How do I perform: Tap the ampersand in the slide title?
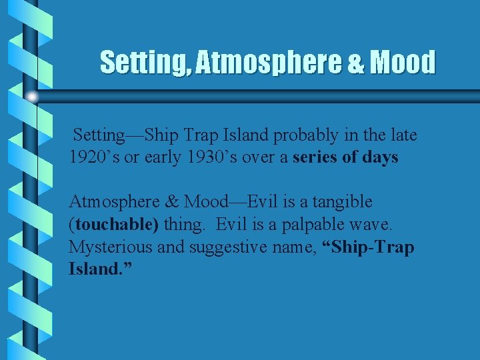pyautogui.click(x=355, y=63)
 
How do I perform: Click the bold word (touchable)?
pyautogui.click(x=114, y=224)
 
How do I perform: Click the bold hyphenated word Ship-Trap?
pyautogui.click(x=368, y=247)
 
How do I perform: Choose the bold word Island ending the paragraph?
pyautogui.click(x=93, y=270)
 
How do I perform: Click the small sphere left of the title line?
pyautogui.click(x=32, y=97)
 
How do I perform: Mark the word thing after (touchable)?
pyautogui.click(x=185, y=224)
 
